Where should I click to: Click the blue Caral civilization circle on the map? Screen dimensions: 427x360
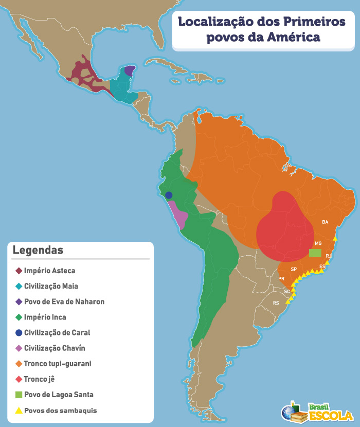point(169,195)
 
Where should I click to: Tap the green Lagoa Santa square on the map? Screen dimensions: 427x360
point(315,253)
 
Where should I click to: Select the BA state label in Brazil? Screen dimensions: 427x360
point(325,222)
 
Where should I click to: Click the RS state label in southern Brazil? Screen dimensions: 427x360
point(276,303)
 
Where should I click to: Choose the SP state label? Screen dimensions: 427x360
point(294,269)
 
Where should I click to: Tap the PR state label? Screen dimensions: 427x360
point(281,279)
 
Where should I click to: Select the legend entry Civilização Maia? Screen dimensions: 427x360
point(51,286)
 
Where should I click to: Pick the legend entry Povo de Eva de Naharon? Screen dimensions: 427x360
point(64,301)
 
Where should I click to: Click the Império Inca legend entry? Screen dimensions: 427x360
point(45,317)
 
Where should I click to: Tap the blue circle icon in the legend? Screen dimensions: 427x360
point(19,332)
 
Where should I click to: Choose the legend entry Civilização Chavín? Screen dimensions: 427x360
point(55,348)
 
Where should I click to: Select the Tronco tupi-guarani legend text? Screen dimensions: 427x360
point(58,364)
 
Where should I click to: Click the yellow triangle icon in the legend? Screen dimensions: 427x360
point(19,411)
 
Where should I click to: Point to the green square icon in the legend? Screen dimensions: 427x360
point(19,395)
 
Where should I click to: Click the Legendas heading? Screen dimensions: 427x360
point(38,250)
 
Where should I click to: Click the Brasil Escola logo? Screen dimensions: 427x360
point(317,412)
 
